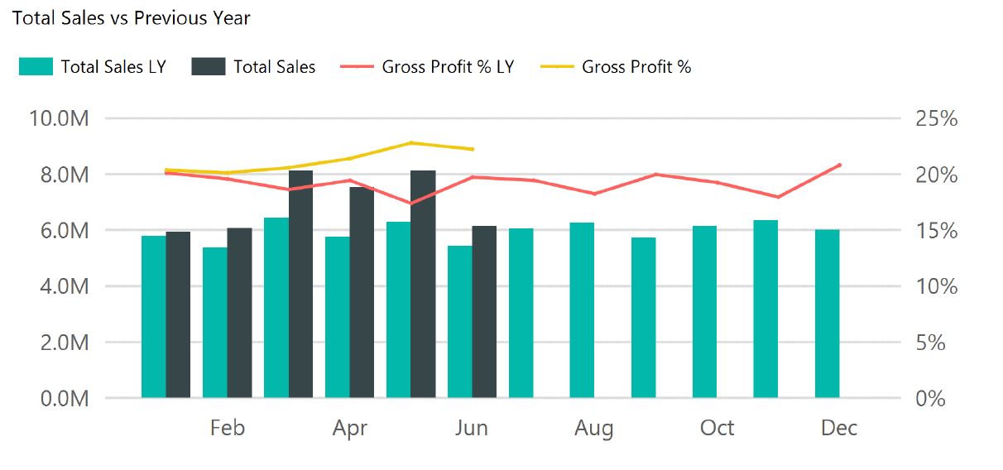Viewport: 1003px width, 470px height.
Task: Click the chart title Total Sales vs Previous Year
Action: coord(132,17)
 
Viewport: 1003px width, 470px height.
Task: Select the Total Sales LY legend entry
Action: coord(93,67)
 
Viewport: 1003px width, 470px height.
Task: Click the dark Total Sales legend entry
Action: coord(253,67)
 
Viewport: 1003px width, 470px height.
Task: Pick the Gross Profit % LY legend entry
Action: coord(427,67)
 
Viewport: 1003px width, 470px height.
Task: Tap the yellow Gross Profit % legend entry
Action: coord(616,67)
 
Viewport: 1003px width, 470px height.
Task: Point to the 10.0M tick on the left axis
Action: coord(59,118)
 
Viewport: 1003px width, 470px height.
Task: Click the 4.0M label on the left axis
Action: coord(59,286)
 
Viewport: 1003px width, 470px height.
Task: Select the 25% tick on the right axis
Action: coord(936,118)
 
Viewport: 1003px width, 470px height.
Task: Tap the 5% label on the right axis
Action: coord(931,343)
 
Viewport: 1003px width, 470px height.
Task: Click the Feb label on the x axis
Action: coord(227,428)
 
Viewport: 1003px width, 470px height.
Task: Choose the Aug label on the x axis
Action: coord(594,428)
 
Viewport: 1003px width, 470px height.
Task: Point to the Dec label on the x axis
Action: coord(839,428)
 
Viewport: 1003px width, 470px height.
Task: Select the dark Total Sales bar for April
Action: coord(362,292)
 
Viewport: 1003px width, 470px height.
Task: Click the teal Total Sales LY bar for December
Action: coord(827,314)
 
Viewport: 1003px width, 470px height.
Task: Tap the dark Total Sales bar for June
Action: coord(484,312)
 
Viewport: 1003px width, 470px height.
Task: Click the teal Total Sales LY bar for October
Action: coord(704,312)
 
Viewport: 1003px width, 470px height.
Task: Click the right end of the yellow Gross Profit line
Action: coord(473,149)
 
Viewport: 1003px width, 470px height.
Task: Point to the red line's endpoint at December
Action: coord(840,165)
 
